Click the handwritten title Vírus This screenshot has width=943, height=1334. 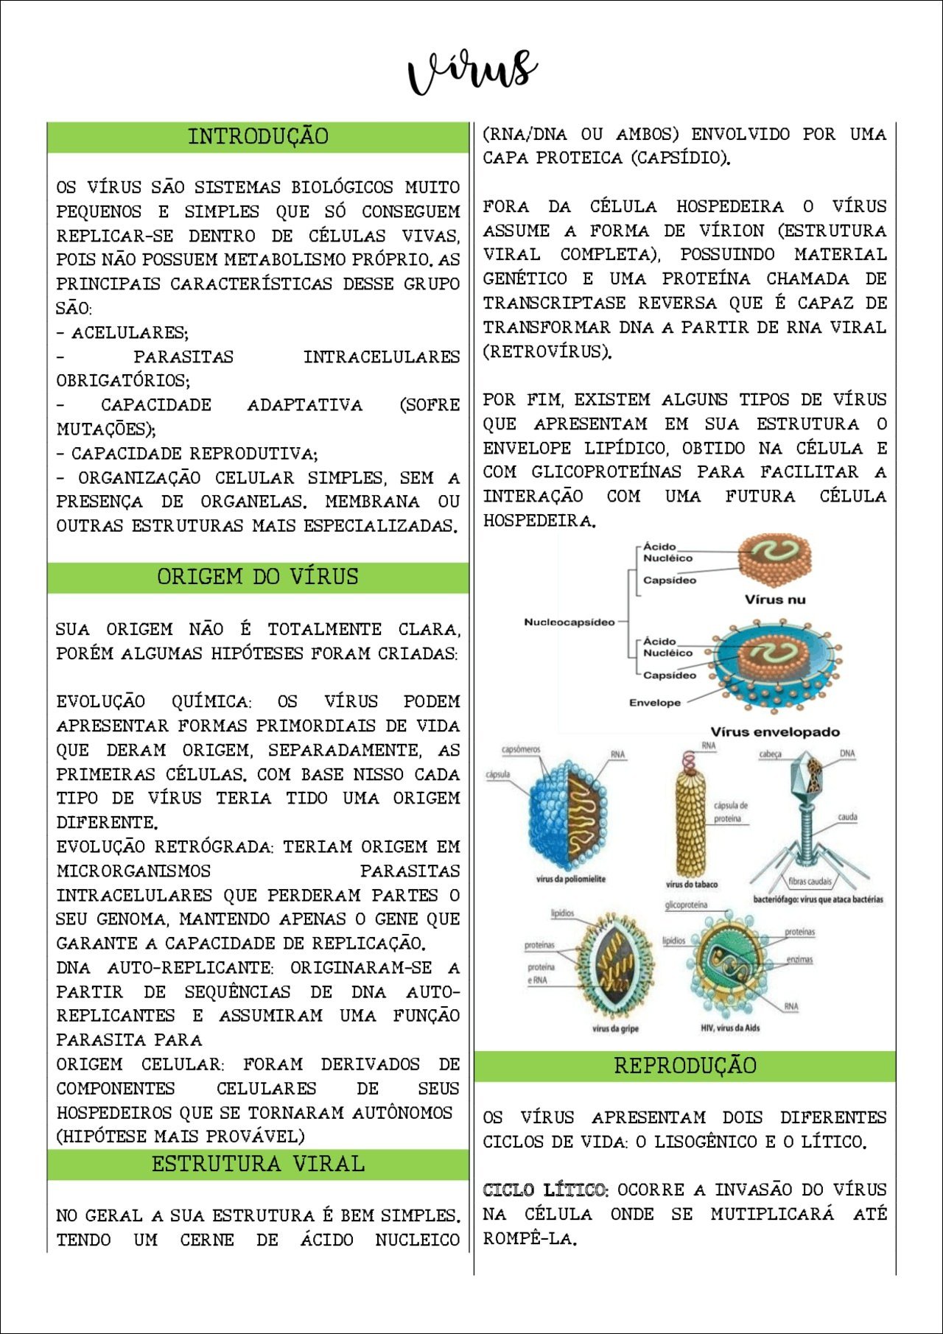pyautogui.click(x=472, y=72)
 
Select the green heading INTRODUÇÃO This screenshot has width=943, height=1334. pyautogui.click(x=258, y=137)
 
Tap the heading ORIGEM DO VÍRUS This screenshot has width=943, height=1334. pyautogui.click(x=258, y=577)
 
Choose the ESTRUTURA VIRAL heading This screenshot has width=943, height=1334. pyautogui.click(x=258, y=1164)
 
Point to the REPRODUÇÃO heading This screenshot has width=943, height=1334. pyautogui.click(x=685, y=1065)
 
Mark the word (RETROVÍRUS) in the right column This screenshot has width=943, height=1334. pyautogui.click(x=547, y=351)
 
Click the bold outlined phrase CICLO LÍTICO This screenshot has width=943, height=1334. pyautogui.click(x=545, y=1190)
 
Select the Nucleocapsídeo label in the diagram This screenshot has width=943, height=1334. pyautogui.click(x=569, y=622)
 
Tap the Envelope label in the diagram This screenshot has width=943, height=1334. pyautogui.click(x=654, y=703)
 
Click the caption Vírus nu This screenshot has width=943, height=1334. pyautogui.click(x=774, y=600)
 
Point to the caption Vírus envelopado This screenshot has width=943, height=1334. pyautogui.click(x=775, y=732)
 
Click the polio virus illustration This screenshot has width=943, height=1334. pyautogui.click(x=567, y=814)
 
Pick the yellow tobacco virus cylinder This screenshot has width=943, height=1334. pyautogui.click(x=691, y=818)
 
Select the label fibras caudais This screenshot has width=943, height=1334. pyautogui.click(x=810, y=881)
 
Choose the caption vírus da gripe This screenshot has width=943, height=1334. pyautogui.click(x=615, y=1028)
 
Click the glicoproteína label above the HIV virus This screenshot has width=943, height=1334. pyautogui.click(x=686, y=905)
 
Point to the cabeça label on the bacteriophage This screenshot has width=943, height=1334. pyautogui.click(x=770, y=754)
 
